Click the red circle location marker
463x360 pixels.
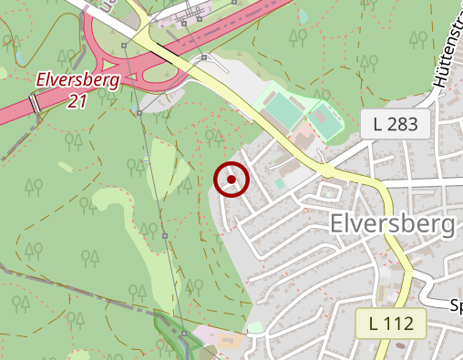tap(231, 180)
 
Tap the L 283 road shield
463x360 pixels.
tap(401, 125)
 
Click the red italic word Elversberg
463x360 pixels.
tap(78, 80)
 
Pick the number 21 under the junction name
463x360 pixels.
tap(78, 101)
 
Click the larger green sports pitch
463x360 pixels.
tap(285, 112)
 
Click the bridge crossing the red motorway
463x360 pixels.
tap(35, 103)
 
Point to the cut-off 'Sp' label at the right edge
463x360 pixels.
tap(456, 306)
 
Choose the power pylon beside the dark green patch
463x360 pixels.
tap(184, 334)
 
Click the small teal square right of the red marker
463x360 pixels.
tap(280, 182)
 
